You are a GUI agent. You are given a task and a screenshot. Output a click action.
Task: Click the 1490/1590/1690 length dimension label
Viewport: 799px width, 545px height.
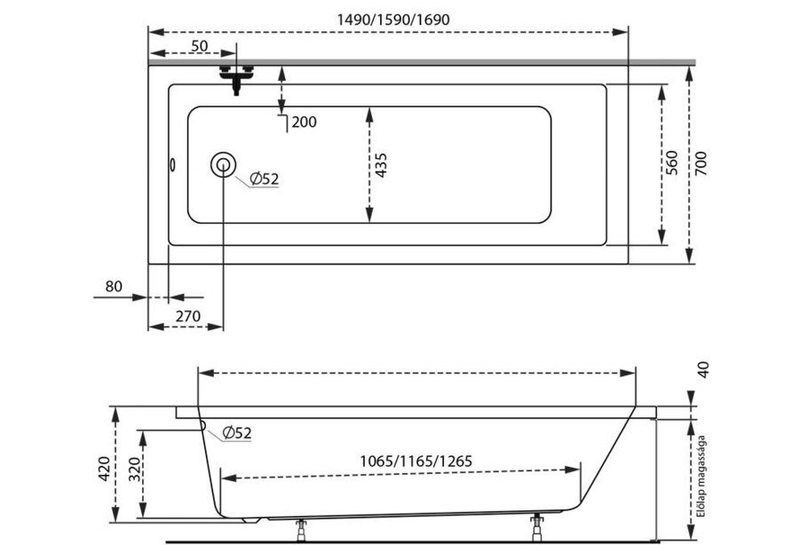pyautogui.click(x=393, y=20)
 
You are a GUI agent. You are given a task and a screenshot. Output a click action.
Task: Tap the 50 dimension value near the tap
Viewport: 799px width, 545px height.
pyautogui.click(x=199, y=46)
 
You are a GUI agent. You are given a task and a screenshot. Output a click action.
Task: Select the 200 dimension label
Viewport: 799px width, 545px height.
pyautogui.click(x=305, y=122)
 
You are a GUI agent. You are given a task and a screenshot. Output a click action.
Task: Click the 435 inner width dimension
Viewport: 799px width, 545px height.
pyautogui.click(x=381, y=165)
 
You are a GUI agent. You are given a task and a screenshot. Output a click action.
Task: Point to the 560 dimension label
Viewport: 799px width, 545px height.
pyautogui.click(x=672, y=163)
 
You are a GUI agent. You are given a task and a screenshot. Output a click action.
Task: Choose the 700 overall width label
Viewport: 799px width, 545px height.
pyautogui.click(x=701, y=163)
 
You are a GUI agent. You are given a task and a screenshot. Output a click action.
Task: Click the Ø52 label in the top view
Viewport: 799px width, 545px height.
pyautogui.click(x=265, y=178)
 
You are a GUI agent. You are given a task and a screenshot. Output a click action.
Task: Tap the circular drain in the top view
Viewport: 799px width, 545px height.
pyautogui.click(x=223, y=165)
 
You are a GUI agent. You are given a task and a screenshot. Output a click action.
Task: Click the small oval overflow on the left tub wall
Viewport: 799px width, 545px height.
pyautogui.click(x=173, y=165)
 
